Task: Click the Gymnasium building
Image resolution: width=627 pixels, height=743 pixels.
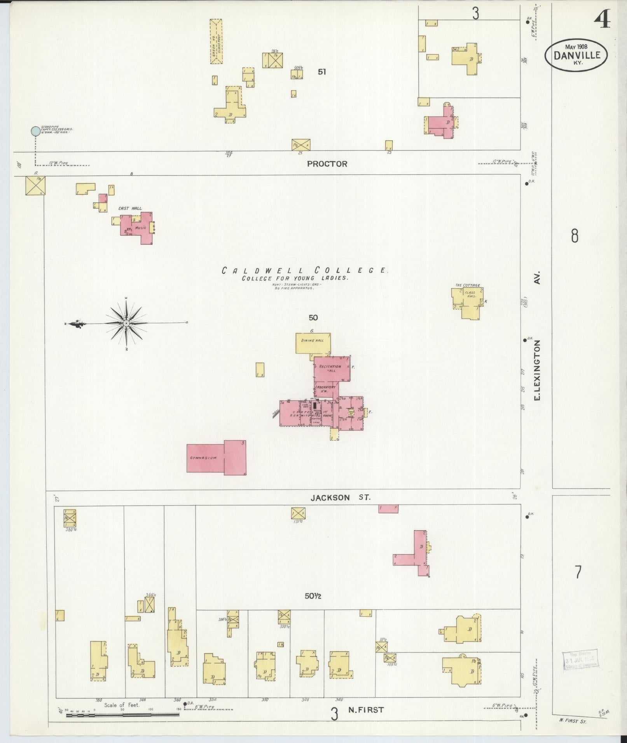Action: coord(216,458)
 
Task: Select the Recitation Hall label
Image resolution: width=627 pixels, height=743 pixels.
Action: coord(330,368)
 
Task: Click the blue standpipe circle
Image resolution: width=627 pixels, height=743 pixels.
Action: coord(35,131)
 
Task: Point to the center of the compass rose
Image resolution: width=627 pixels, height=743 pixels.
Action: coord(126,323)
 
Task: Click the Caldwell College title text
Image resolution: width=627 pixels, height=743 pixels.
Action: coord(304,271)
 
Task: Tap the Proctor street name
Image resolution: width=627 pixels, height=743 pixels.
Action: coord(327,164)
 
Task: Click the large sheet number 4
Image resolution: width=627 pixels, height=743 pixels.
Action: coord(602,20)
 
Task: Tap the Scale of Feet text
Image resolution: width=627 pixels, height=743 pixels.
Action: coord(122,705)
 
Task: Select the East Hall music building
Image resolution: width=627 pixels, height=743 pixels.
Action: coord(136,228)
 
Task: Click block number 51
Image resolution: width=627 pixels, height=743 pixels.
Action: coord(321,72)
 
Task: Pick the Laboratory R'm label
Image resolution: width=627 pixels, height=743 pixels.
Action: coord(325,389)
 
